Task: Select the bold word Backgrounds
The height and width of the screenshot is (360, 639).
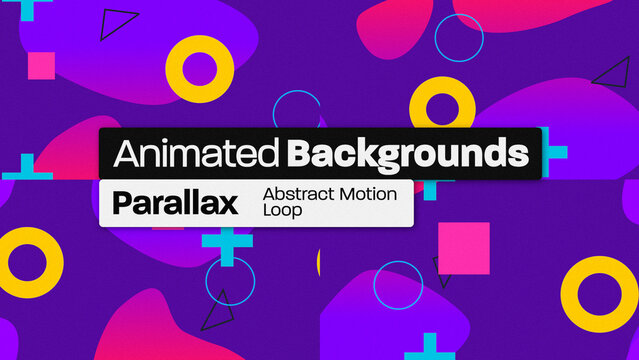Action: click(407, 154)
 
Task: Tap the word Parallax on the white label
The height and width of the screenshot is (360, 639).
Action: click(175, 203)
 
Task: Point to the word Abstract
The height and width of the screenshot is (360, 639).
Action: click(296, 194)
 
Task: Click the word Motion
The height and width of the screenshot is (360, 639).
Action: click(365, 194)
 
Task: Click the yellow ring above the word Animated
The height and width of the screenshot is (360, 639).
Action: click(199, 68)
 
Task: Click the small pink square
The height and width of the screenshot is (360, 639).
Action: click(41, 66)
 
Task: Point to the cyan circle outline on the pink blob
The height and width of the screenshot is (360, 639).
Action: click(459, 36)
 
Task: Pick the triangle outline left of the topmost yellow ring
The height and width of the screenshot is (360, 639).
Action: click(120, 24)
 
